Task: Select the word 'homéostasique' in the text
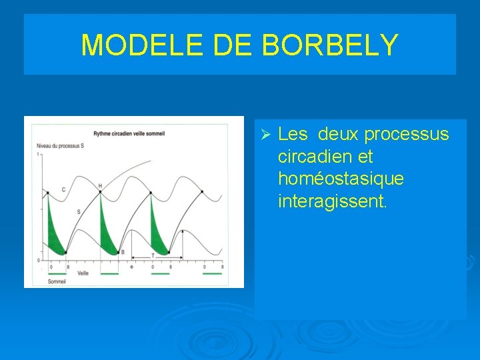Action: coord(341,179)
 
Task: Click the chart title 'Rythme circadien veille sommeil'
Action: coord(129,133)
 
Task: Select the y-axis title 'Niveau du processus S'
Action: coord(61,145)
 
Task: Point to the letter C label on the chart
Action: coord(63,190)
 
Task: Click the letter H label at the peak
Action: coord(100,185)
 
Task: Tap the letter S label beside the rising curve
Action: coord(78,211)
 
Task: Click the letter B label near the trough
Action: coord(122,252)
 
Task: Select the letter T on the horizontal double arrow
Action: coord(152,255)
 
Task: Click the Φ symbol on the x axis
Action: coord(131,267)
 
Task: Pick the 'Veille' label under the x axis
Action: coord(83,273)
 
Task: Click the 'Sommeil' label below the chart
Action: coord(57,281)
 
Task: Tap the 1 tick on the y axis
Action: coord(39,154)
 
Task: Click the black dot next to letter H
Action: coord(100,193)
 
